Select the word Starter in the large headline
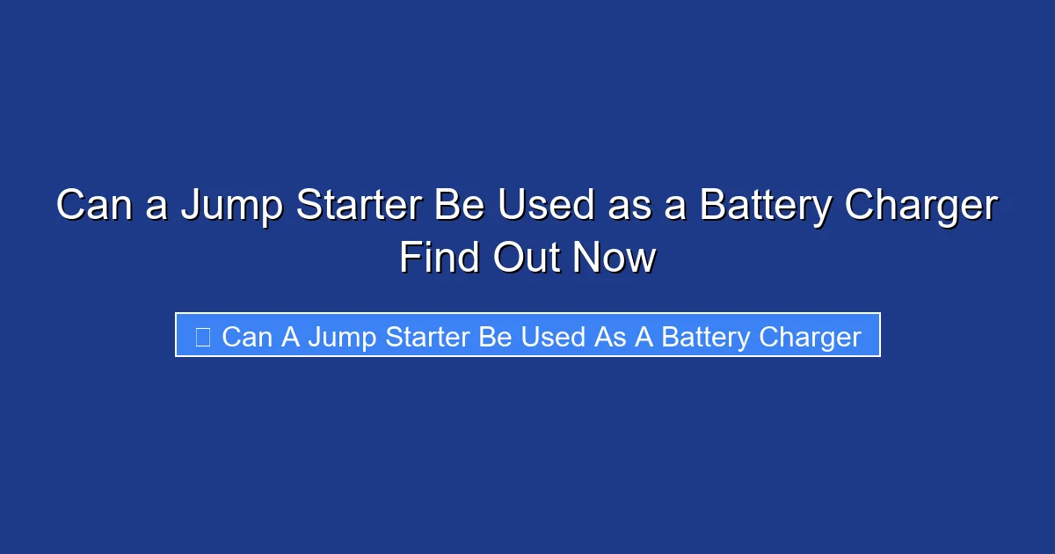coord(360,207)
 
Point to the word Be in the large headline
coord(462,207)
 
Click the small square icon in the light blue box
coord(202,337)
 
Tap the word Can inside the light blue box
coord(247,337)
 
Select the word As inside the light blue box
coord(609,337)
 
